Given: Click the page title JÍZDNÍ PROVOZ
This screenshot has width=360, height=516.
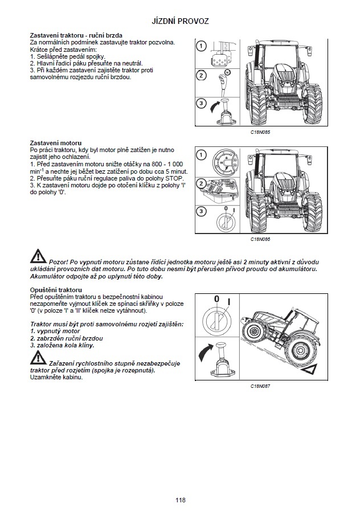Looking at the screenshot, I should [x=180, y=21].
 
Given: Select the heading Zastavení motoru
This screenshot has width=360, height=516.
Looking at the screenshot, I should [x=55, y=142].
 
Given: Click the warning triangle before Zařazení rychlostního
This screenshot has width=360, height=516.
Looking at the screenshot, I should [x=39, y=358].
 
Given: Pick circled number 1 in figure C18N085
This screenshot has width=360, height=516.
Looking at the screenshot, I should [x=201, y=46].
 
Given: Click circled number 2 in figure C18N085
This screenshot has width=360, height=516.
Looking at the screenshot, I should [x=201, y=75].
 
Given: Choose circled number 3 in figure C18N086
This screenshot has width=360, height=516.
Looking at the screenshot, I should [x=201, y=212].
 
